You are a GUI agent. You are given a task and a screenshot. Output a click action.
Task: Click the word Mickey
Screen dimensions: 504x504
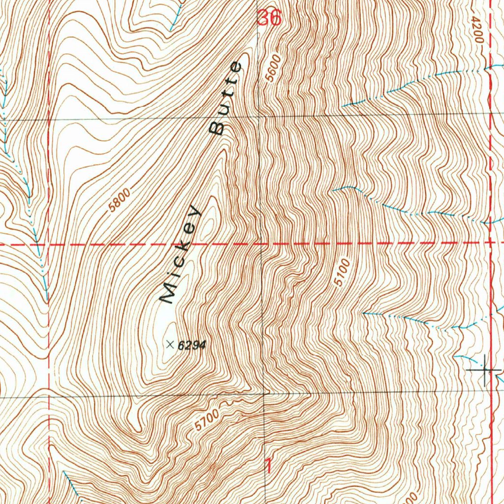click(x=181, y=254)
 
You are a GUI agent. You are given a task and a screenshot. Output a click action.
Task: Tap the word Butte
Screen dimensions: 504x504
click(x=226, y=98)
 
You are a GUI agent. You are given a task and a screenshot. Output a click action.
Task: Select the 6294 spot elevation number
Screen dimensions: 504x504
click(x=191, y=346)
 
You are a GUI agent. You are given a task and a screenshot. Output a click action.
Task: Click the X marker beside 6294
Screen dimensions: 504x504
click(x=170, y=345)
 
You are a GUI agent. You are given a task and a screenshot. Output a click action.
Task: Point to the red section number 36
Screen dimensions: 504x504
click(x=269, y=18)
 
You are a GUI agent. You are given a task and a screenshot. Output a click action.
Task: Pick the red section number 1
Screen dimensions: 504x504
click(x=269, y=465)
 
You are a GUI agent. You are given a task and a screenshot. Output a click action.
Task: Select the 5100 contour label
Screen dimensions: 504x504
click(x=342, y=272)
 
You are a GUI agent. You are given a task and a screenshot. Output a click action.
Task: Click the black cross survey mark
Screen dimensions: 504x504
click(x=485, y=369)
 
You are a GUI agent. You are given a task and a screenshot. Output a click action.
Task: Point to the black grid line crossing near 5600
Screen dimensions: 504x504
click(x=260, y=116)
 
